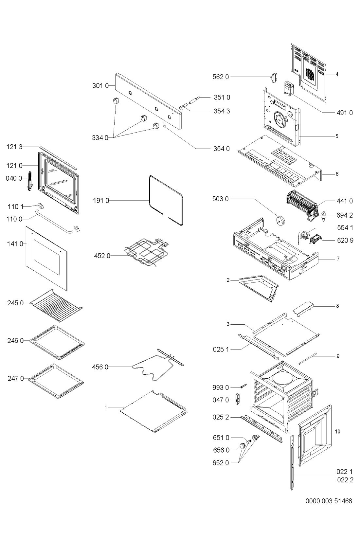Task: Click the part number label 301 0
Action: point(100,85)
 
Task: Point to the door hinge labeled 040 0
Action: point(30,181)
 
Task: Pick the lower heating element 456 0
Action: point(158,366)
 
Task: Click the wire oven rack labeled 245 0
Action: point(56,305)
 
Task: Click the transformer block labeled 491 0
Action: point(289,89)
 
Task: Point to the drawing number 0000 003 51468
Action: point(329,501)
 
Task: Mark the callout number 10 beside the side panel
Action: point(338,431)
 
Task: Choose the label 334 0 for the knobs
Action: point(100,138)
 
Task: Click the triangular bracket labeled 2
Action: point(259,288)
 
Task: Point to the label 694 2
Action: point(345,215)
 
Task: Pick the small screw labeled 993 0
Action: point(243,386)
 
